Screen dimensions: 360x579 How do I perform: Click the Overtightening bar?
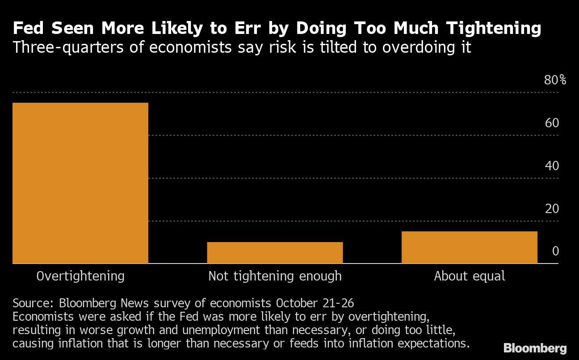80,183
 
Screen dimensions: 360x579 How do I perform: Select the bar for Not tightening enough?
275,253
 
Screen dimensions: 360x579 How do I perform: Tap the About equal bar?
469,247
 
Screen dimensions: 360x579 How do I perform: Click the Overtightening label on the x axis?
80,276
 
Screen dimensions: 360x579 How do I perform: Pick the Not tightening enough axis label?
275,276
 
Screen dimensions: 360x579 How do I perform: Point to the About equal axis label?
470,276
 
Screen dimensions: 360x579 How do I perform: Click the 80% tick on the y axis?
555,80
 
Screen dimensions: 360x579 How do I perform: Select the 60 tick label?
552,123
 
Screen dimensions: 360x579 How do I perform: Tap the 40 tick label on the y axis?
552,166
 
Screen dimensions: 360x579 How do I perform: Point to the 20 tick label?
552,209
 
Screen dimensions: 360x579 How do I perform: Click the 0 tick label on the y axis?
555,251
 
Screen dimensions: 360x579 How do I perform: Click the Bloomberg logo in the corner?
535,348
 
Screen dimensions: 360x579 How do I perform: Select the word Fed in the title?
29,29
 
